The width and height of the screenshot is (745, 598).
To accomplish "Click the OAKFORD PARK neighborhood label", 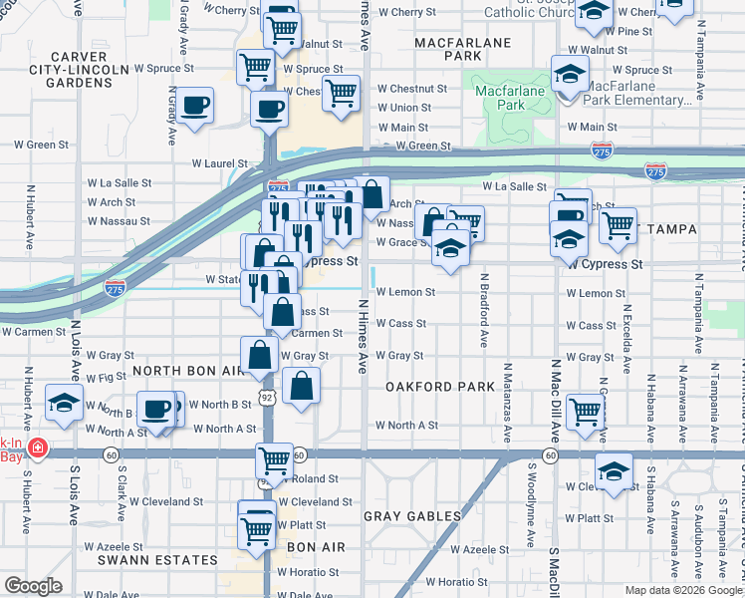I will [x=439, y=387].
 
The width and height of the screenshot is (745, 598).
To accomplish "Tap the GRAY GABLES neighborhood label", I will [x=412, y=516].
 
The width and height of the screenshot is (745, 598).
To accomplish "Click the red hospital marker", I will [x=38, y=448].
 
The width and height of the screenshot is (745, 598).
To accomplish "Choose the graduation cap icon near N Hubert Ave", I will [x=64, y=405].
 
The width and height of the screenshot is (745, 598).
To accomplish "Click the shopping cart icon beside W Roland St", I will [x=274, y=459].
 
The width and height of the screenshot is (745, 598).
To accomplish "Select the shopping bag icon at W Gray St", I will [x=259, y=354].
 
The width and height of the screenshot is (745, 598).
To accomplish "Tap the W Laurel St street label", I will [x=219, y=163].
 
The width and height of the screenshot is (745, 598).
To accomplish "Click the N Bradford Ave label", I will [x=483, y=310].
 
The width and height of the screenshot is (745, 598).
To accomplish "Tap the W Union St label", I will [x=404, y=108].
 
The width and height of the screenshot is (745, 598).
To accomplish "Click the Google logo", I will [x=33, y=586].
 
